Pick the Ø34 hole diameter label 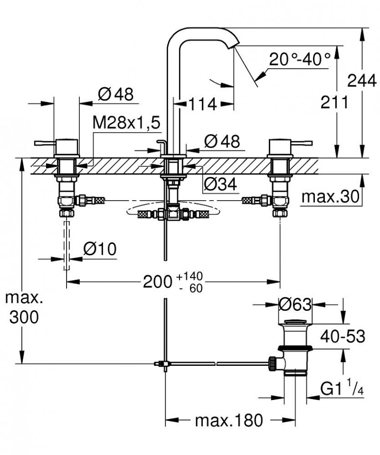pyautogui.click(x=220, y=184)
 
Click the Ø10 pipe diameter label pyautogui.click(x=100, y=249)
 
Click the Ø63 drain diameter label pyautogui.click(x=294, y=304)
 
